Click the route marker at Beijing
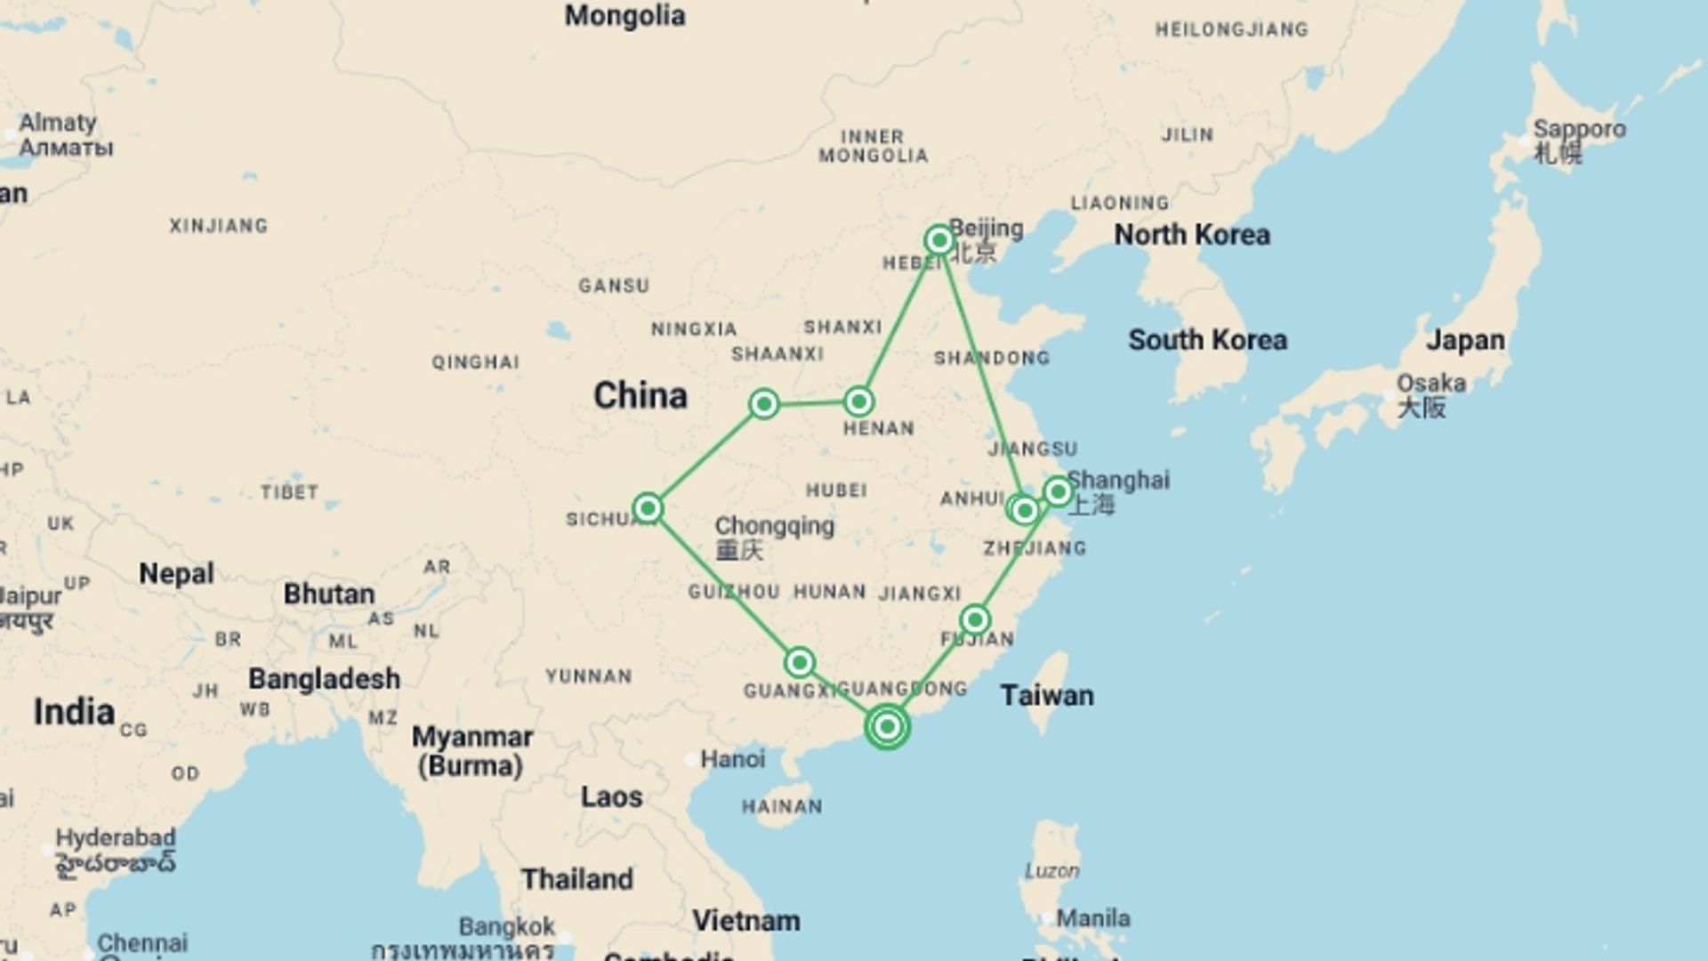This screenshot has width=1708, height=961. pos(939,240)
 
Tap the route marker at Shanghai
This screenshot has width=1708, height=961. pos(1058,491)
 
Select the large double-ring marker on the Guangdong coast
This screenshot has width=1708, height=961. pos(887,727)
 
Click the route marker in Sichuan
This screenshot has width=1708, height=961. pos(648,508)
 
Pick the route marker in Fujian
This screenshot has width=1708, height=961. pos(975,619)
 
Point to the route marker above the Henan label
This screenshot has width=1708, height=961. pos(858,402)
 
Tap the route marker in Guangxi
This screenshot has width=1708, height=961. pos(800,662)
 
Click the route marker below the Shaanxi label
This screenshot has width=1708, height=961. pos(764,404)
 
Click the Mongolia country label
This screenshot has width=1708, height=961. pos(624,16)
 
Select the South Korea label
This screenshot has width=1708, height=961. pos(1207,340)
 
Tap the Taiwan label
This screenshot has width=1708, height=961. pos(1046,695)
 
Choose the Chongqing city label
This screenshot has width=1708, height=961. pos(774,526)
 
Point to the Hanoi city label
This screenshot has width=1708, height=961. pos(732,759)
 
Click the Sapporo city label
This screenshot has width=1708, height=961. pos(1579,130)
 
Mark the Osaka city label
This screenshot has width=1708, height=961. pos(1430,384)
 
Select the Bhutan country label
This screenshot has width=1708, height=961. pos(328,594)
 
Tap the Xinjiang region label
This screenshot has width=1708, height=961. pos(219,226)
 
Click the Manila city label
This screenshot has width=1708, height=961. pos(1092,918)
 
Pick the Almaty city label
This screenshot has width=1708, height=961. pos(58,123)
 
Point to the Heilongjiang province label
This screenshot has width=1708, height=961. pos(1231,29)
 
